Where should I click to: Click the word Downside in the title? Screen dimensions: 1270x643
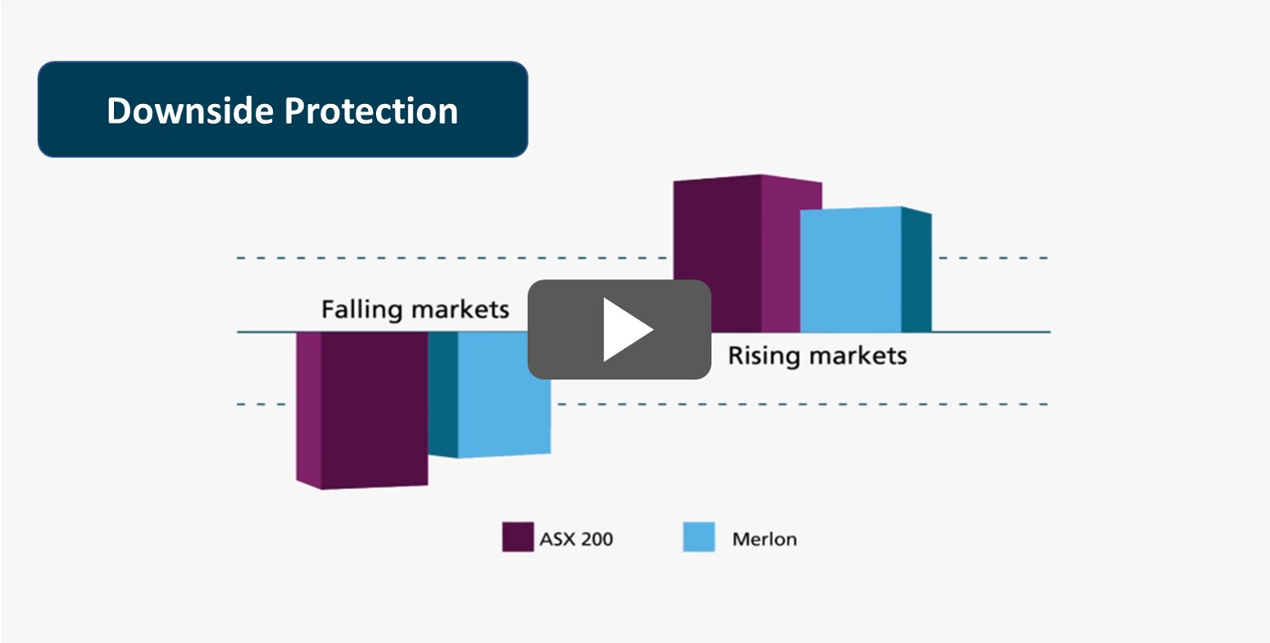click(x=190, y=110)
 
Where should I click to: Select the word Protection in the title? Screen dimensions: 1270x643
click(x=371, y=110)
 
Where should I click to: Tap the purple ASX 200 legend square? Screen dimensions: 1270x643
click(x=518, y=537)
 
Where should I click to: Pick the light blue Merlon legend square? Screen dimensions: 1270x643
click(x=698, y=537)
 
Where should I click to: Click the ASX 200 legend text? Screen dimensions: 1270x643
click(x=576, y=539)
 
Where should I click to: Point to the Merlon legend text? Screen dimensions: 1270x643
click(x=764, y=539)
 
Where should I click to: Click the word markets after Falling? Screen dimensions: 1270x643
click(x=460, y=310)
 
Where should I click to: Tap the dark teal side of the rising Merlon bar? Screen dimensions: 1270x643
click(x=916, y=270)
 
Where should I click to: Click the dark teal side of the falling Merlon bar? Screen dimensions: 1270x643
click(x=442, y=395)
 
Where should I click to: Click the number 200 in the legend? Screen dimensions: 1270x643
click(x=594, y=539)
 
